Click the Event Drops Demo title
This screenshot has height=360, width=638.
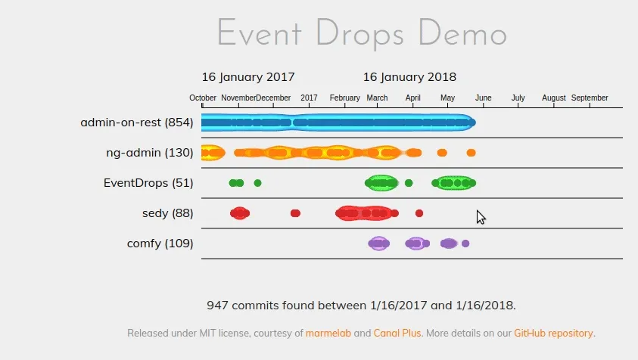point(362,35)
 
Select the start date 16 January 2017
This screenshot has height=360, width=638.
point(248,77)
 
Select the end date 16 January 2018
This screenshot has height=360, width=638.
point(409,77)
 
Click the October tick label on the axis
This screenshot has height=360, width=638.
point(203,98)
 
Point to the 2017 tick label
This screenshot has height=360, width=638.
point(309,98)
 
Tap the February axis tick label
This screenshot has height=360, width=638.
point(345,98)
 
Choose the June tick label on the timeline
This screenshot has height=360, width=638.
point(483,98)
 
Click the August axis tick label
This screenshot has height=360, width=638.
point(554,98)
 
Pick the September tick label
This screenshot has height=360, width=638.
point(590,98)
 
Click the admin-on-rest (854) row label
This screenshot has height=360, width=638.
point(137,123)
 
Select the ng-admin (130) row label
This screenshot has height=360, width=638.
point(150,153)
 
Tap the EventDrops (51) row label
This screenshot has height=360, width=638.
point(148,183)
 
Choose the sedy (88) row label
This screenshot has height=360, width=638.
point(167,213)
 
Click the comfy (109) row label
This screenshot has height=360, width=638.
point(160,244)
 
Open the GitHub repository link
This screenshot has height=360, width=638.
point(554,333)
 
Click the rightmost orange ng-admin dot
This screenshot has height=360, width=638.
point(471,153)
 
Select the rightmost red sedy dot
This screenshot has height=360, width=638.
point(419,213)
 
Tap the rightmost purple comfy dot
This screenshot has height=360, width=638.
point(465,244)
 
